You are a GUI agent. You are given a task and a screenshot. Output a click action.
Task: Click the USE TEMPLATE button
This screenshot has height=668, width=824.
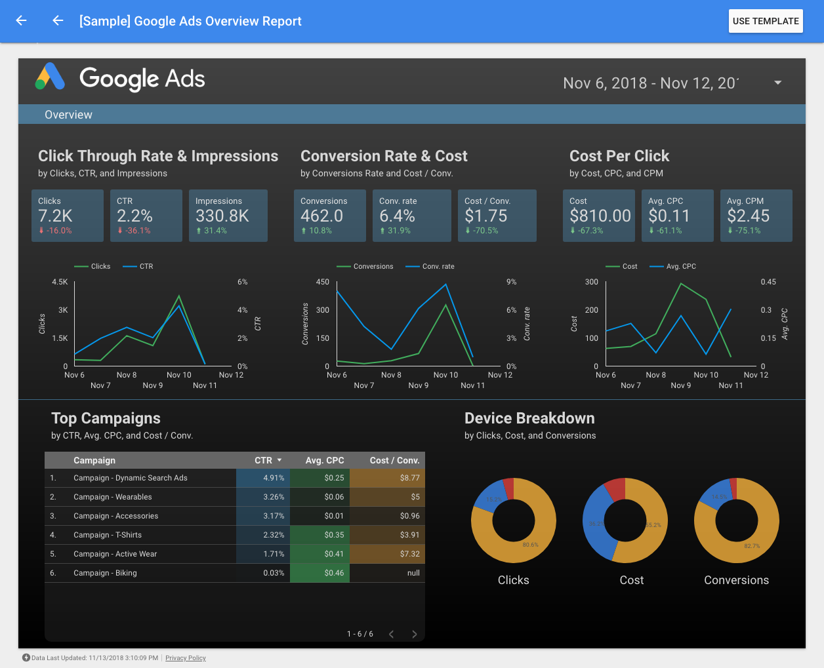(x=766, y=21)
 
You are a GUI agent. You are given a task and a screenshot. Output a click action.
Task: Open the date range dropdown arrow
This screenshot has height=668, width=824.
(x=777, y=83)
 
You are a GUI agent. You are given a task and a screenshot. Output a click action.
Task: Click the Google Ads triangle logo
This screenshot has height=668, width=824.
(x=50, y=77)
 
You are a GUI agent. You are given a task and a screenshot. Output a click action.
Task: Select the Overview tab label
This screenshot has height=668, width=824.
(x=68, y=115)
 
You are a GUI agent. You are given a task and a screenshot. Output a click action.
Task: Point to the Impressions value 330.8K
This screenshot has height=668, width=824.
(x=222, y=216)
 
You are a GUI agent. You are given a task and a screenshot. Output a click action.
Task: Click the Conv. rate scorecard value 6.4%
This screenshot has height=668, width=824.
(x=397, y=216)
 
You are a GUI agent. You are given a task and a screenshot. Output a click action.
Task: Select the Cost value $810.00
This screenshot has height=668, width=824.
(x=600, y=216)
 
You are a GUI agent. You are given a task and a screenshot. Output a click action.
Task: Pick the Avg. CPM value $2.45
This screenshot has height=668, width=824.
(x=748, y=216)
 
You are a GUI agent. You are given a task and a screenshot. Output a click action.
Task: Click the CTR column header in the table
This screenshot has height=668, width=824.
(x=263, y=460)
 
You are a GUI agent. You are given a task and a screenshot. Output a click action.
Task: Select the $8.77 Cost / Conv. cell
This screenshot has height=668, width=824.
(x=409, y=478)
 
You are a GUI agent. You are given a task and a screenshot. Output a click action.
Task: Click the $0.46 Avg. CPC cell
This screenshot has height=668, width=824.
(x=334, y=573)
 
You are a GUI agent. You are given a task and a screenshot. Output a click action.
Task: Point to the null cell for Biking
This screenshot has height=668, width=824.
(x=413, y=573)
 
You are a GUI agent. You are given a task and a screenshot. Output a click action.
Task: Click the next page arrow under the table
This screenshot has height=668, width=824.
(x=414, y=634)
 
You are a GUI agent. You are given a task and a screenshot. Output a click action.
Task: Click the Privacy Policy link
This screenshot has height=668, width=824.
(x=186, y=658)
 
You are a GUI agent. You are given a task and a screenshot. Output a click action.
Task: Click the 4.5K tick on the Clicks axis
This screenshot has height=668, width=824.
(x=60, y=282)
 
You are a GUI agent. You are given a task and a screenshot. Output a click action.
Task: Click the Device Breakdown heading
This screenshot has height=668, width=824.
(x=529, y=418)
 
